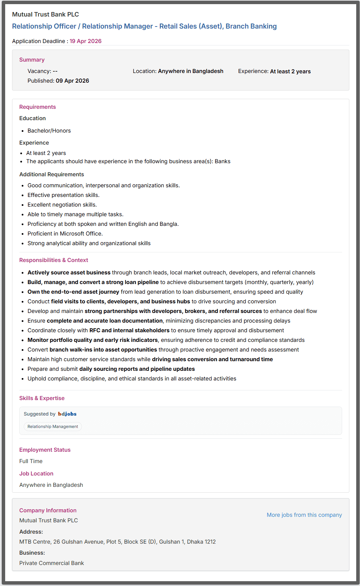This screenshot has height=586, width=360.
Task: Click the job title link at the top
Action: pyautogui.click(x=144, y=26)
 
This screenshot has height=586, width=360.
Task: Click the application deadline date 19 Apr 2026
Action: pyautogui.click(x=85, y=41)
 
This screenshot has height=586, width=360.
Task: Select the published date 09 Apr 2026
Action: pyautogui.click(x=72, y=81)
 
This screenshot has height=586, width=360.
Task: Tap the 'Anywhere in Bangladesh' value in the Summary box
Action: pyautogui.click(x=190, y=71)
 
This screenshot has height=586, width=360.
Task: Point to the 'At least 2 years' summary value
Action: pyautogui.click(x=290, y=71)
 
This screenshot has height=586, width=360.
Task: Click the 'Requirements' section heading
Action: pyautogui.click(x=38, y=107)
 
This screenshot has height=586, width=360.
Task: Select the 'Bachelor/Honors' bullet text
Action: pyautogui.click(x=49, y=130)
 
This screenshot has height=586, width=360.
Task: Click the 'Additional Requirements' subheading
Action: pyautogui.click(x=52, y=174)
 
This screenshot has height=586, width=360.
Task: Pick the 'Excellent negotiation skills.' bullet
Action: pyautogui.click(x=62, y=205)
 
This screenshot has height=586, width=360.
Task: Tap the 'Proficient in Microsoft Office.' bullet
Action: pyautogui.click(x=65, y=233)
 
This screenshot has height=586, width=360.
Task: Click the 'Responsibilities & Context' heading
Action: pyautogui.click(x=54, y=260)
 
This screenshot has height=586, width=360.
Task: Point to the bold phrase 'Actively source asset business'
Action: pyautogui.click(x=69, y=272)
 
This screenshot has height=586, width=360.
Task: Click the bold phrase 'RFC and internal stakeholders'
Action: pyautogui.click(x=129, y=330)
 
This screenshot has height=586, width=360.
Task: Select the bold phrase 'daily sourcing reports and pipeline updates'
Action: pyautogui.click(x=137, y=369)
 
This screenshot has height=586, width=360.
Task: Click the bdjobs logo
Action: pyautogui.click(x=67, y=414)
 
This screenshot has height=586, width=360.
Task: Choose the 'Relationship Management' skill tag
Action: pyautogui.click(x=53, y=427)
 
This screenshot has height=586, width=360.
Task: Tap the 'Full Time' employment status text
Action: pyautogui.click(x=31, y=461)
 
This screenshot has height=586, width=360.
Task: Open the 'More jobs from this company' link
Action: pyautogui.click(x=304, y=515)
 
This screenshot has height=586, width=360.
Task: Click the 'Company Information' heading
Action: pyautogui.click(x=48, y=510)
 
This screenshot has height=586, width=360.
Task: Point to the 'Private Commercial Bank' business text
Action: pyautogui.click(x=52, y=563)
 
